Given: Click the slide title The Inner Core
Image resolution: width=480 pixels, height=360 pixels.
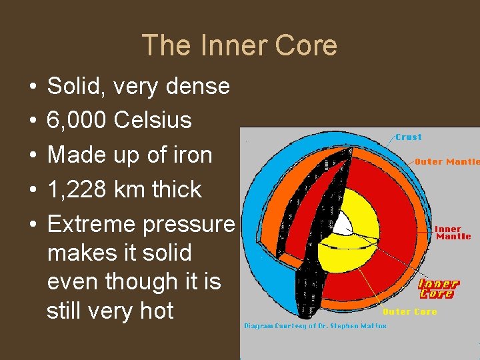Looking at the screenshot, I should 239,46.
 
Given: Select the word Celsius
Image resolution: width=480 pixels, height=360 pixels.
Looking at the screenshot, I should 153,121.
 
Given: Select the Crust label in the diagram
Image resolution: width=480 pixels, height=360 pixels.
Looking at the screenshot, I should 408,137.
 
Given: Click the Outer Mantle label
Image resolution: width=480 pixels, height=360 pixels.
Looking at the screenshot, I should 447,161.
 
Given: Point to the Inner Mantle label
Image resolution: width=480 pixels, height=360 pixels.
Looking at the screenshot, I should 453,233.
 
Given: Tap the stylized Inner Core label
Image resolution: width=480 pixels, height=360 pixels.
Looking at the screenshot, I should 439,289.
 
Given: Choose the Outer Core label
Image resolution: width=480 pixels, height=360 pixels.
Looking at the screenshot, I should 409,311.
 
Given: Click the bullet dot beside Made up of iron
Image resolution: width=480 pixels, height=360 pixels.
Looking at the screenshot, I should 32,155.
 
